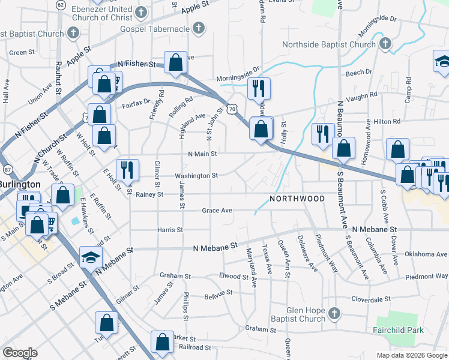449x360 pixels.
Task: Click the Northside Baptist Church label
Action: pyautogui.click(x=328, y=44)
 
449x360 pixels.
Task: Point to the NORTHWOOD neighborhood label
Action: pyautogui.click(x=297, y=199)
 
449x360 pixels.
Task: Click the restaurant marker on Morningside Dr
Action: pyautogui.click(x=259, y=88)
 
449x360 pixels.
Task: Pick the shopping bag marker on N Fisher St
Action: pyautogui.click(x=175, y=63)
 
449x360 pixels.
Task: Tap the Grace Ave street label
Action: pyautogui.click(x=217, y=211)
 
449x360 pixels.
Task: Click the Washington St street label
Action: pyautogui.click(x=196, y=176)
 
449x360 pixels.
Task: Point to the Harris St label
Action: pyautogui.click(x=170, y=230)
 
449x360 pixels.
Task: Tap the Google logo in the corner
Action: pyautogui.click(x=20, y=352)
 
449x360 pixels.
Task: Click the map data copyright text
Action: pyautogui.click(x=411, y=355)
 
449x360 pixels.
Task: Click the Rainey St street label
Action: pyautogui.click(x=149, y=194)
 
